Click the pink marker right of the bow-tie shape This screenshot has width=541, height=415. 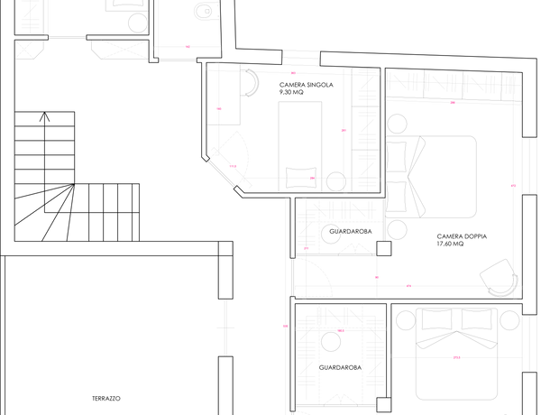(x=188, y=46)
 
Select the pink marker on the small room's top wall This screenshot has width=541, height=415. (x=293, y=73)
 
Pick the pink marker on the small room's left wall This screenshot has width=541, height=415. (x=218, y=108)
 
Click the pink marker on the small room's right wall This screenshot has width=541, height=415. (x=343, y=130)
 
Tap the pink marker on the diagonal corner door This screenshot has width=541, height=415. (x=234, y=165)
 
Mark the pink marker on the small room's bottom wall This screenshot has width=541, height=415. (x=311, y=178)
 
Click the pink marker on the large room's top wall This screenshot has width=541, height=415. (x=452, y=103)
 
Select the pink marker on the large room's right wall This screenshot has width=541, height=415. (x=512, y=186)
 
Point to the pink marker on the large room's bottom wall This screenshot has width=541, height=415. (x=408, y=286)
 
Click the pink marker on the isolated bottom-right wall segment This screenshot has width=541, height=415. (x=457, y=358)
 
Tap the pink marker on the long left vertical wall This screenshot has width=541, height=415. (x=284, y=326)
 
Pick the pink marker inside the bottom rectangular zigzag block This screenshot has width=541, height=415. (x=341, y=331)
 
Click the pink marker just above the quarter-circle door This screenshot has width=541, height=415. (x=306, y=249)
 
